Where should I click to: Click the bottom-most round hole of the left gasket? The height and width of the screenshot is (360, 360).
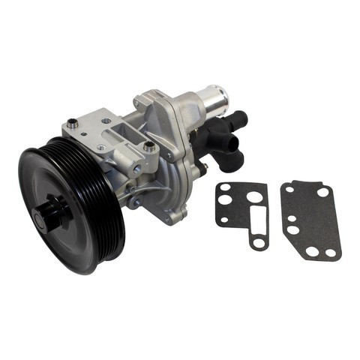pyautogui.click(x=258, y=242)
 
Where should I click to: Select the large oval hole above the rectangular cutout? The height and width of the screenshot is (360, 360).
pyautogui.click(x=255, y=196)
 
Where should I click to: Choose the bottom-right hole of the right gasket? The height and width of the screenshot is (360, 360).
pyautogui.click(x=331, y=252)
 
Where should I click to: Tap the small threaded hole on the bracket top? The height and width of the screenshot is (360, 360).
pyautogui.click(x=104, y=120)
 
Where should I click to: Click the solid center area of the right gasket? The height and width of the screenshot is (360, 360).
pyautogui.click(x=311, y=221)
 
